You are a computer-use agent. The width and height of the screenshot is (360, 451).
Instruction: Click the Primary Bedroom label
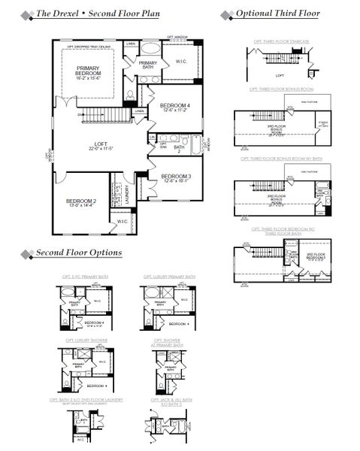click(x=89, y=72)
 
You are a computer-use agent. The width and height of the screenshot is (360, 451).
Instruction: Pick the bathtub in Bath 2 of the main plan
click(x=198, y=144)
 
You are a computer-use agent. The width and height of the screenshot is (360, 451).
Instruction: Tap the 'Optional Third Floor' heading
click(x=277, y=14)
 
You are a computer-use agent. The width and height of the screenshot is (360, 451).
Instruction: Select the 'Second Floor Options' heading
click(x=79, y=253)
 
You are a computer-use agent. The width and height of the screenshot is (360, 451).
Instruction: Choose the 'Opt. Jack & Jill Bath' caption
click(x=169, y=401)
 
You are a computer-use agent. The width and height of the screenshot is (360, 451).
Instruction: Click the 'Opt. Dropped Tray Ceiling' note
click(x=89, y=47)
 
